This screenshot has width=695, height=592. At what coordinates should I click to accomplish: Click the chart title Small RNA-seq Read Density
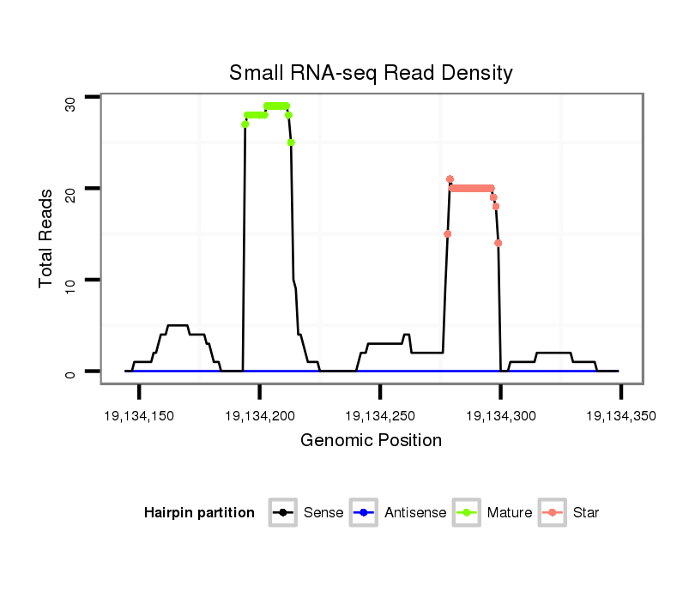[x=371, y=73]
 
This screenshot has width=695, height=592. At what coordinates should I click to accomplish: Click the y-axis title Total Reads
[x=48, y=239]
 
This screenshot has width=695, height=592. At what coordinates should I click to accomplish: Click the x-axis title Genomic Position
[x=371, y=441]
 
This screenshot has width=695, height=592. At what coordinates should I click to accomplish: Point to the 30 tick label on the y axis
[x=71, y=103]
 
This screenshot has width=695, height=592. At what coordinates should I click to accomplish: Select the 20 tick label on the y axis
[x=71, y=195]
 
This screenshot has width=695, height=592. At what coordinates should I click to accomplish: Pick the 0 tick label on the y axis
[x=71, y=372]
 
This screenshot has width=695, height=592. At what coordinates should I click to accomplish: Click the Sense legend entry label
[x=323, y=513]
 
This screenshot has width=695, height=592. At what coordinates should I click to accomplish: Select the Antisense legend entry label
[x=415, y=513]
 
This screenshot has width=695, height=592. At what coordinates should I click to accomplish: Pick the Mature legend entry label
[x=509, y=513]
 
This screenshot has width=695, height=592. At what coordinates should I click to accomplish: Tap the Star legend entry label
[x=585, y=513]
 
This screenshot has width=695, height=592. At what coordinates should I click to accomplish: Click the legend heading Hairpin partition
[x=199, y=513]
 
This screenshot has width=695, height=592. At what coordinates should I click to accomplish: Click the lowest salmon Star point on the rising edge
[x=448, y=233]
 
